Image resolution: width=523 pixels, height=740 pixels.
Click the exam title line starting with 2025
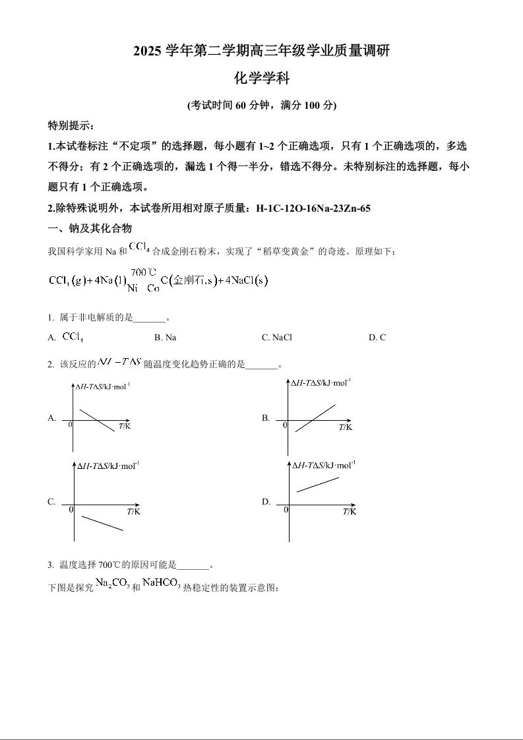click(x=261, y=51)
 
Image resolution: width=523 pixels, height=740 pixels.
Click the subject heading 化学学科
click(x=261, y=78)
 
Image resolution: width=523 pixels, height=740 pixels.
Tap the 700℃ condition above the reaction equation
click(x=143, y=272)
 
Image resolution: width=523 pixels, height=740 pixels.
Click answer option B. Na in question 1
click(x=165, y=338)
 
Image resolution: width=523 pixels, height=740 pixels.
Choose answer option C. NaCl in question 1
click(x=276, y=338)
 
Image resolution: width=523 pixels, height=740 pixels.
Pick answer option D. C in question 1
click(x=377, y=338)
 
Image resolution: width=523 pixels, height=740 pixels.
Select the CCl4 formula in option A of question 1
click(x=73, y=337)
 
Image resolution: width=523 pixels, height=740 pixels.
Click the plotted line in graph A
click(x=97, y=420)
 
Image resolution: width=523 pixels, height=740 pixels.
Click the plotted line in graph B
click(x=315, y=418)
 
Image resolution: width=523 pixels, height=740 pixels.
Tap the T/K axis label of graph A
click(x=124, y=427)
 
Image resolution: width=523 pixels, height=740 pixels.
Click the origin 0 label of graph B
click(x=285, y=425)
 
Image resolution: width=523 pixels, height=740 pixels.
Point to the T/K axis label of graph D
click(x=349, y=512)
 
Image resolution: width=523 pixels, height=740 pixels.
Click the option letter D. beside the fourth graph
click(x=266, y=502)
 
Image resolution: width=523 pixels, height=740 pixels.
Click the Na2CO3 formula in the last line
click(x=112, y=583)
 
